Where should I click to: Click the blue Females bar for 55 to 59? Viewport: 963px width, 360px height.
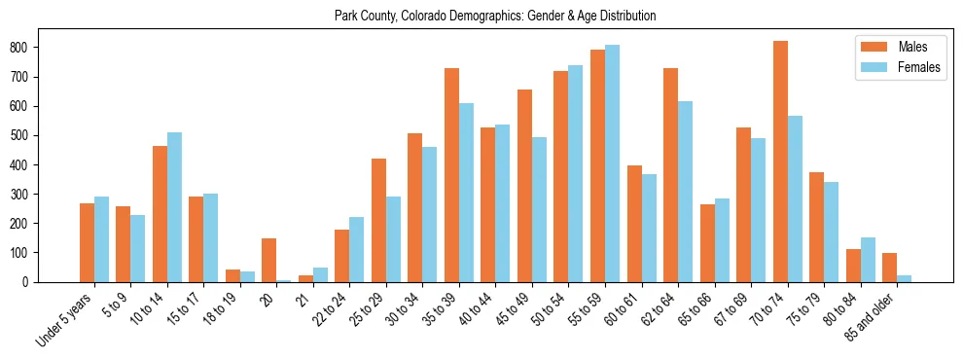click(612, 163)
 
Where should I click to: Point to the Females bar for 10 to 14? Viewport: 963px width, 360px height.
click(174, 207)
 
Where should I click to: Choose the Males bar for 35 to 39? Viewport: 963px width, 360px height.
click(451, 175)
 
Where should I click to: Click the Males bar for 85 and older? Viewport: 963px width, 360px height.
click(889, 268)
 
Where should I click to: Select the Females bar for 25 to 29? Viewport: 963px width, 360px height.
click(393, 239)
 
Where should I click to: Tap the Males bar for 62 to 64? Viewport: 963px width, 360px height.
click(670, 175)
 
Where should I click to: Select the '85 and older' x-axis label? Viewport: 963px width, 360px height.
click(874, 316)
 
